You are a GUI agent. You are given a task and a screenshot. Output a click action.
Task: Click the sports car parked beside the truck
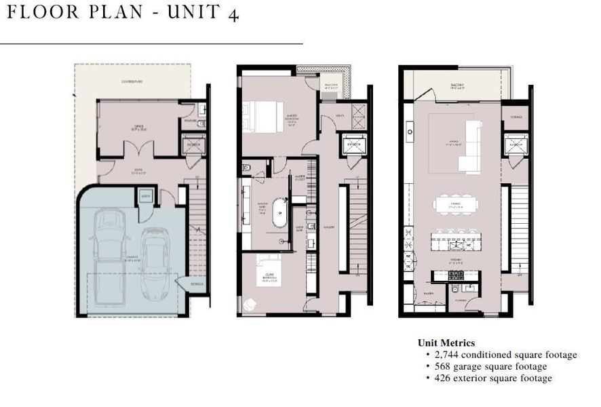pos(155,262)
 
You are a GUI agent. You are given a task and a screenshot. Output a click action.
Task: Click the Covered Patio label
pos(132,81)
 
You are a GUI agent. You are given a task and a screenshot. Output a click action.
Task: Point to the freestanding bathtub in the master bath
pos(280,212)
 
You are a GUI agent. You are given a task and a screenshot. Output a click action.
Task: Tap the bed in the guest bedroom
pos(267,266)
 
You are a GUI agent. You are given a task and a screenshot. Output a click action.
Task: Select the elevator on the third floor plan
pos(513,144)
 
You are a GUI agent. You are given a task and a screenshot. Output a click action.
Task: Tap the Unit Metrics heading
pos(446,343)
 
